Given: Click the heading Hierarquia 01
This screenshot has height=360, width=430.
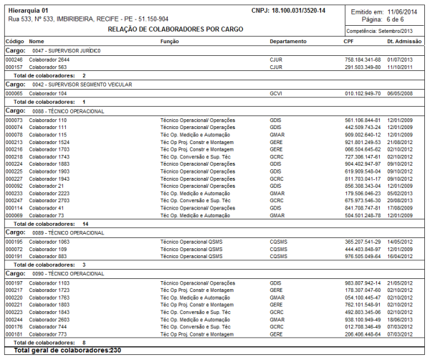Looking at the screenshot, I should click(x=28, y=10).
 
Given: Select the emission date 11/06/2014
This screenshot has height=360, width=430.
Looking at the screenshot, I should click(x=403, y=11).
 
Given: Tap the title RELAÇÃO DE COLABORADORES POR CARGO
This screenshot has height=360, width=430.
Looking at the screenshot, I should click(x=176, y=29).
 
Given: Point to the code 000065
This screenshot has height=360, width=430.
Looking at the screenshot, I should click(x=14, y=94).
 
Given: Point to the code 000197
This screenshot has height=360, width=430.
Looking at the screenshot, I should click(x=14, y=283).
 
